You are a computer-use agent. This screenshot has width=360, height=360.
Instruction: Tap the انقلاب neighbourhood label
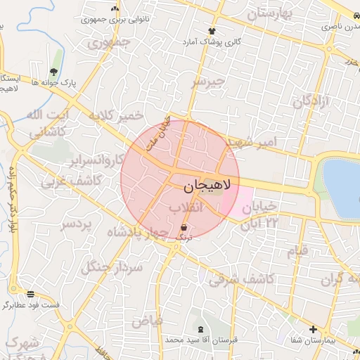coord(186,207)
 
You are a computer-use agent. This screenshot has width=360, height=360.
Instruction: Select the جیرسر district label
coord(209,82)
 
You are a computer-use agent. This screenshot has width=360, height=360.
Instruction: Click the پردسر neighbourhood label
coord(77,225)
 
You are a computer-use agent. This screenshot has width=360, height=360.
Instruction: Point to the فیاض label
coord(147,321)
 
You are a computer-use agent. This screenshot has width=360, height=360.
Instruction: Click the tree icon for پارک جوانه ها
coord(54,72)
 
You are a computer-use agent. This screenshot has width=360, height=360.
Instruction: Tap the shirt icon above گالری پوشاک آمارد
coord(212,31)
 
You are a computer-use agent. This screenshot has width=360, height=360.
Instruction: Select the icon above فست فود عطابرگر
coord(30,294)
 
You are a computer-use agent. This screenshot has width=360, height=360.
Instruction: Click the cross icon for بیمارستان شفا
coord(313,329)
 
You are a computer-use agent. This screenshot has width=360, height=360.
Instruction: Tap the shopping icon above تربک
coord(184,228)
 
